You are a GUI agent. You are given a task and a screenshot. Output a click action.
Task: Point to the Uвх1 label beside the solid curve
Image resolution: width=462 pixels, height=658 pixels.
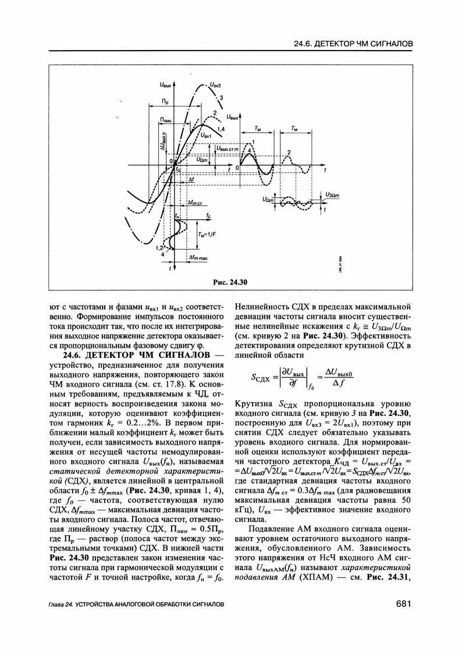208,136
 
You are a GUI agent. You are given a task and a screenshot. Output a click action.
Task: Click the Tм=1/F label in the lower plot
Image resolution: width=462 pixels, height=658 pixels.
205,234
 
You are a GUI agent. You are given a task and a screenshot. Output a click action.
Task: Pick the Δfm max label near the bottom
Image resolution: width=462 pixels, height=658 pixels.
199,257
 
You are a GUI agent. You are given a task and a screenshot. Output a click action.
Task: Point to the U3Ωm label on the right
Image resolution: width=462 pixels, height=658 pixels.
335,195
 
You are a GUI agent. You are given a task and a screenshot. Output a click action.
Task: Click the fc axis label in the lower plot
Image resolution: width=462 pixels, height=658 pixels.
207,217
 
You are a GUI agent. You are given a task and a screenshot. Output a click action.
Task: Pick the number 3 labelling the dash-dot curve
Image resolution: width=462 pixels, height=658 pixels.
221,98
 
